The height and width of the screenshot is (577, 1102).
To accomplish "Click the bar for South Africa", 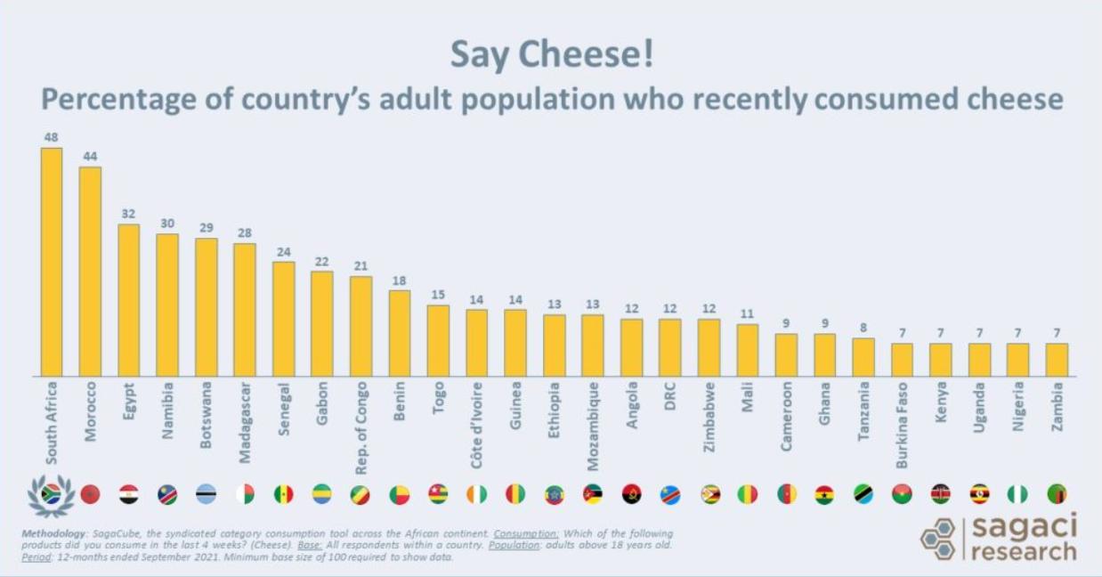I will coord(52,262).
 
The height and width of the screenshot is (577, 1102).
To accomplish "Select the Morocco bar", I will coord(90,272).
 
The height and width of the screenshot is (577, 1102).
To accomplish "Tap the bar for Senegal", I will coord(283,319).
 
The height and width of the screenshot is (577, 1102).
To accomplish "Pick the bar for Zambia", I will coord(1057,360).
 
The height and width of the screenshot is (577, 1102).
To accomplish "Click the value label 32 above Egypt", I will coord(128,214).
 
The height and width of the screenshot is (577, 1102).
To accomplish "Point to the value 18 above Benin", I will coord(400,280).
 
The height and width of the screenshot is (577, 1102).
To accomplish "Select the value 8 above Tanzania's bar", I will coord(863,328).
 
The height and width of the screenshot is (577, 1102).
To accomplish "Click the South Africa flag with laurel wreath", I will coord(52,495).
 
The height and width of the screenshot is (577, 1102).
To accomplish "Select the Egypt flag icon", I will coord(129,494).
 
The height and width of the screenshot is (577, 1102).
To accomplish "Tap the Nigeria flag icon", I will coord(1017,494).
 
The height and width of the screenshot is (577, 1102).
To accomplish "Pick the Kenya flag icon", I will coord(940,494).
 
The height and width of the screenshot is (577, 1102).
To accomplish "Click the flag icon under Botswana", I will coord(207,494).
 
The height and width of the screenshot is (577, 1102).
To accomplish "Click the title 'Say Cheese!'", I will coord(551,54).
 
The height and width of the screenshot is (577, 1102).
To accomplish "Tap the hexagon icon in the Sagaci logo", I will coord(938,539).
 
